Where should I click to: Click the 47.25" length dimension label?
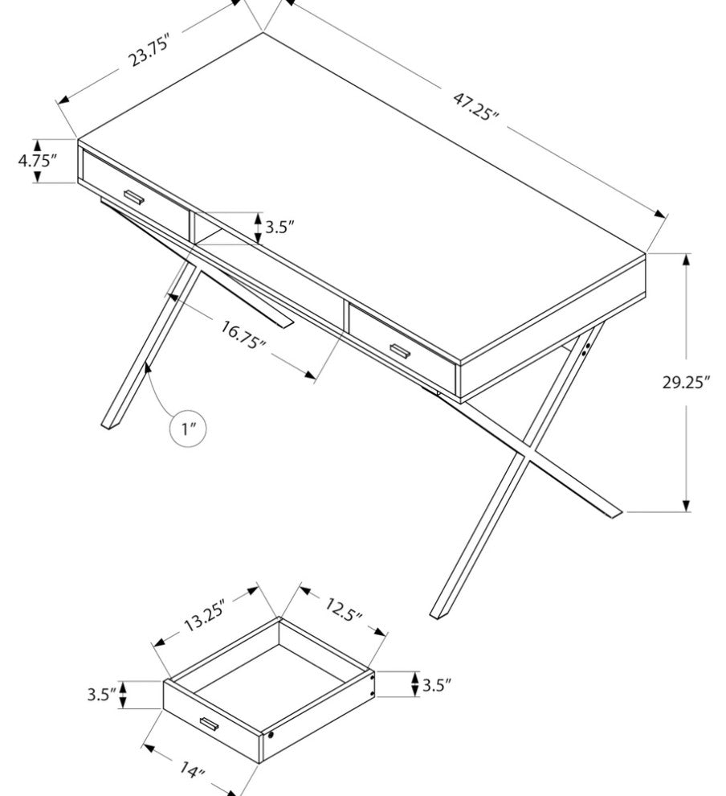tap(475, 105)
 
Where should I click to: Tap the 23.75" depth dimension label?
tap(148, 49)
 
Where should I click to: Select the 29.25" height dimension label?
tap(686, 382)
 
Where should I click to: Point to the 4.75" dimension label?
tap(37, 161)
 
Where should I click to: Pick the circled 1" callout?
tap(188, 429)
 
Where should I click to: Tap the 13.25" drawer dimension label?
tap(204, 615)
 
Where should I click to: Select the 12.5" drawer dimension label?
tap(344, 609)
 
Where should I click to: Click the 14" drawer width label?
tap(191, 770)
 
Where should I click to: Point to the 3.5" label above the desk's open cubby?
tap(279, 227)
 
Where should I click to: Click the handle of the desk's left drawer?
tap(135, 198)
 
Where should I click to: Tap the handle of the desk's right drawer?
tap(401, 351)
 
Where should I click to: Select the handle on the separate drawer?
tap(210, 724)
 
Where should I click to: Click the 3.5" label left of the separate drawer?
tap(102, 694)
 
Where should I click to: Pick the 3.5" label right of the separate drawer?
tap(437, 685)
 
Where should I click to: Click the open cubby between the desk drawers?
tap(209, 228)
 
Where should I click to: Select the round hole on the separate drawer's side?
tap(271, 735)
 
